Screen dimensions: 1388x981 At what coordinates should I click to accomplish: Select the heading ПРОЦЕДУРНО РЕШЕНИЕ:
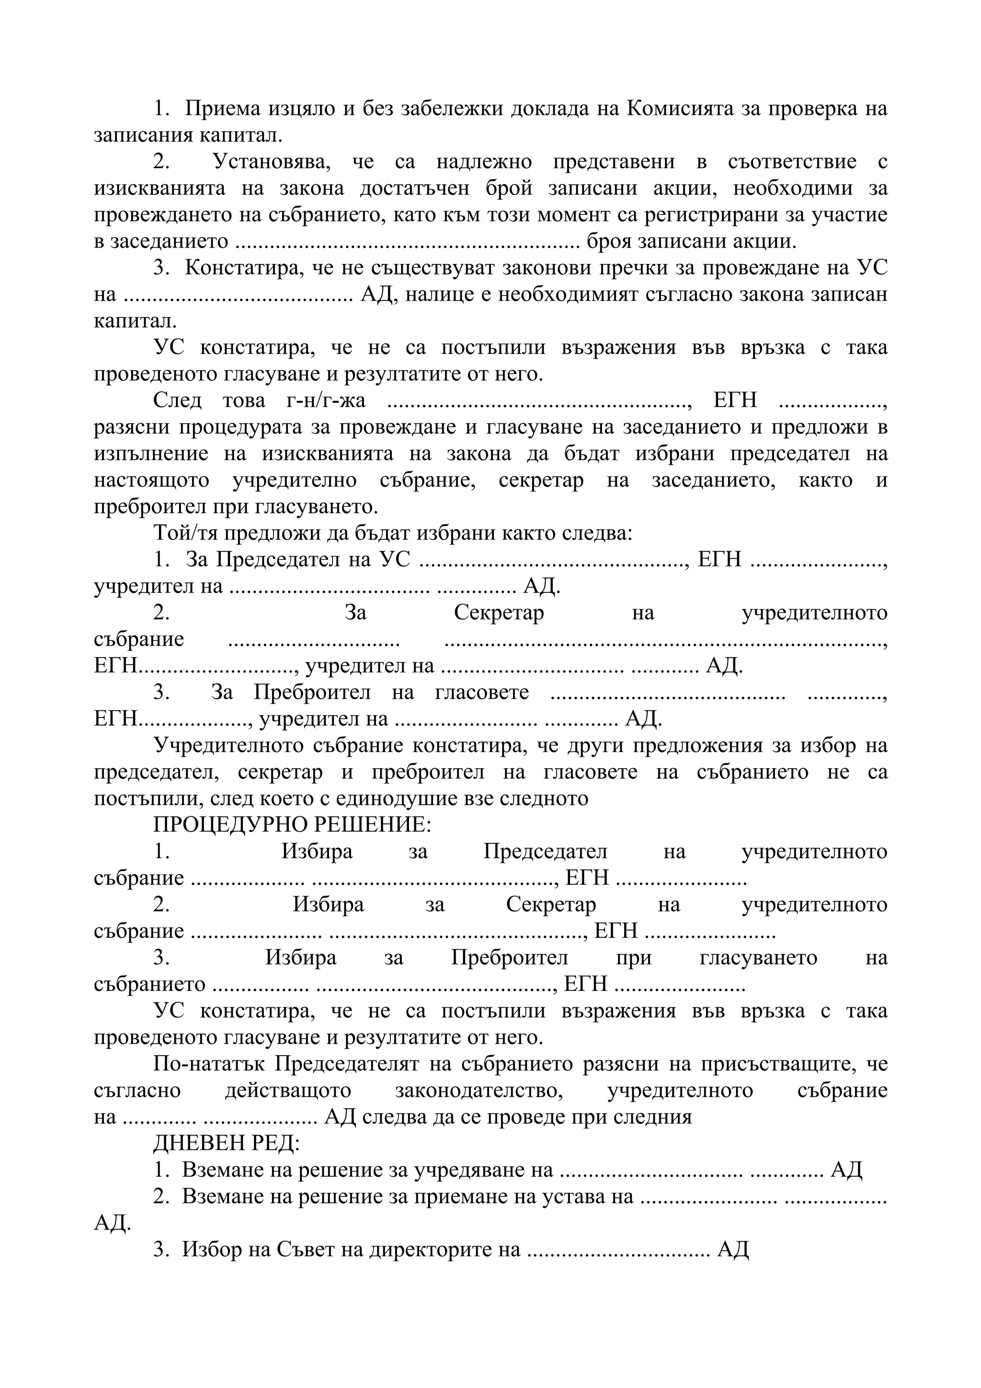(x=293, y=825)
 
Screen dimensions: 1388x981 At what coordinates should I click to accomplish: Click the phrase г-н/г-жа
(x=325, y=400)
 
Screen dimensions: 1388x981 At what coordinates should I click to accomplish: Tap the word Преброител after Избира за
(x=510, y=957)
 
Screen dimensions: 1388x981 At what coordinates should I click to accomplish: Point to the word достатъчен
(x=415, y=189)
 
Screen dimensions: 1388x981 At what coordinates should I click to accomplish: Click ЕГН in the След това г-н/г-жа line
(x=735, y=400)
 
